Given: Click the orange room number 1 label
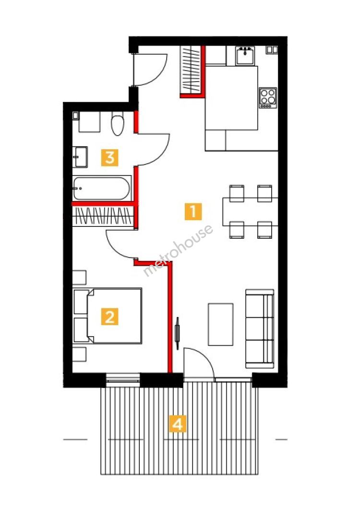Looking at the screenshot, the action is [193, 211].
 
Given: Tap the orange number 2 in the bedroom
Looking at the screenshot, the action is [110, 317].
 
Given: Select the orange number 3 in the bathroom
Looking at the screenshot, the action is [110, 158].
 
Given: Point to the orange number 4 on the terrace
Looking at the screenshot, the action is [178, 424].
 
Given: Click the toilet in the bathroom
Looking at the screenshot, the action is [117, 124].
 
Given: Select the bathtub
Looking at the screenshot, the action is [101, 188].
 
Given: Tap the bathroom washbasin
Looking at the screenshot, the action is [80, 157].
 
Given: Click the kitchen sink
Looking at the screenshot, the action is [245, 55].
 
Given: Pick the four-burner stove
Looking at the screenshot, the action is [268, 97].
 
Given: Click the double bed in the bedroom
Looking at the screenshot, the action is [108, 316].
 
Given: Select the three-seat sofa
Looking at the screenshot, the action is [260, 329].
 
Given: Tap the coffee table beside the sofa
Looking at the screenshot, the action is [220, 324].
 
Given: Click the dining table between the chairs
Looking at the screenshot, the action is [250, 212].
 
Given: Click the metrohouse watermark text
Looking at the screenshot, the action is [178, 250].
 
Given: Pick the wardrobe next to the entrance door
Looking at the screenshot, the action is [191, 70].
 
